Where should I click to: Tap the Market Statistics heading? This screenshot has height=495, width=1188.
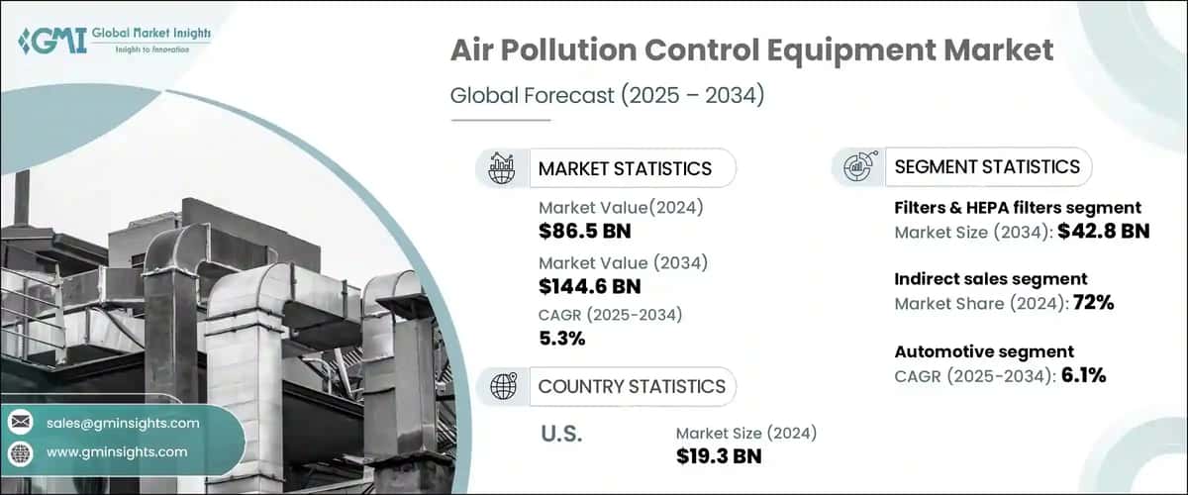click(x=625, y=168)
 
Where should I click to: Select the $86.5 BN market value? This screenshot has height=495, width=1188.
click(x=585, y=232)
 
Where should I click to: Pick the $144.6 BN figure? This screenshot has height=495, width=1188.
click(x=590, y=287)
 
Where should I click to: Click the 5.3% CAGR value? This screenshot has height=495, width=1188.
click(x=561, y=338)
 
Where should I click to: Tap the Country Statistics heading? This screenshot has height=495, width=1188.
click(x=632, y=386)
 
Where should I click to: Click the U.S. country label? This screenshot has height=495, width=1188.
click(x=562, y=434)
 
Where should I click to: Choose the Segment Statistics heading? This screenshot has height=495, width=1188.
click(x=987, y=166)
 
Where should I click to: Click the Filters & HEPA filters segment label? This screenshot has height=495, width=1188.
click(x=1018, y=208)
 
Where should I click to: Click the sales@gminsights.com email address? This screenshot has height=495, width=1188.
click(x=123, y=423)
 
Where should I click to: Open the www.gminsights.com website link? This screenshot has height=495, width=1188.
click(x=117, y=451)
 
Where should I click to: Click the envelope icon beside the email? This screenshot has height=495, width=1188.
click(x=20, y=423)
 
